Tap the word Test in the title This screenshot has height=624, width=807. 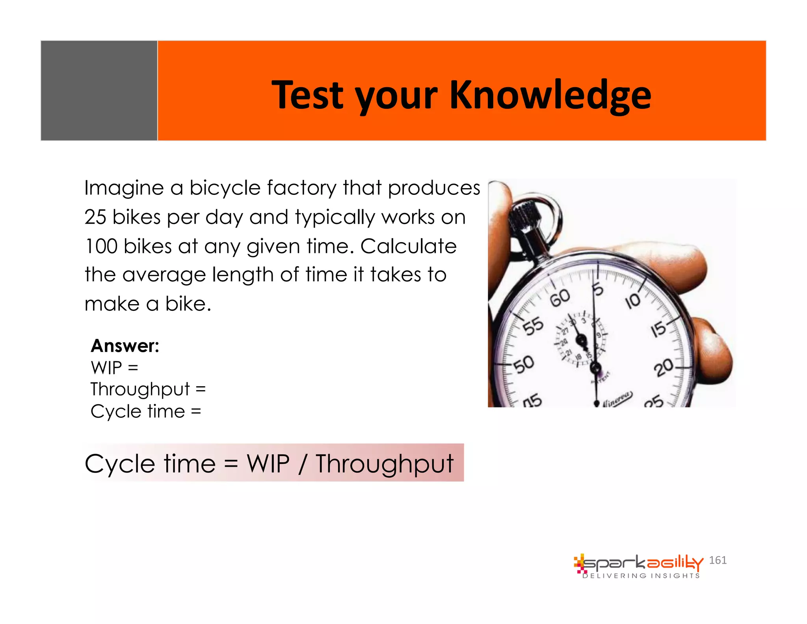308,95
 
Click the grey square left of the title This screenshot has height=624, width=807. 99,90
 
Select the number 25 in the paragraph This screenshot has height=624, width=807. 95,217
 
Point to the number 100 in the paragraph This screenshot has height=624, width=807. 101,247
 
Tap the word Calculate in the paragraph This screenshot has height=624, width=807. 408,247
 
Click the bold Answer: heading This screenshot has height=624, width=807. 125,346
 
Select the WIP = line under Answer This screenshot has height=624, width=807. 114,368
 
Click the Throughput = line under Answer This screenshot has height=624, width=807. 148,389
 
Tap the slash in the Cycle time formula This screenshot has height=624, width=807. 302,463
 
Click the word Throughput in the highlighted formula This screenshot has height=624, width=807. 385,464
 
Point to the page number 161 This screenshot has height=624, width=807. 718,560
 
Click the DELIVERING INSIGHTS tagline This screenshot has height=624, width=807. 641,576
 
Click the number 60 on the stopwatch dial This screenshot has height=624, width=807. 560,297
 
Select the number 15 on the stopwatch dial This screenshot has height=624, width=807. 658,329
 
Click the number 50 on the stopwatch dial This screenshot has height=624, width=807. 524,364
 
